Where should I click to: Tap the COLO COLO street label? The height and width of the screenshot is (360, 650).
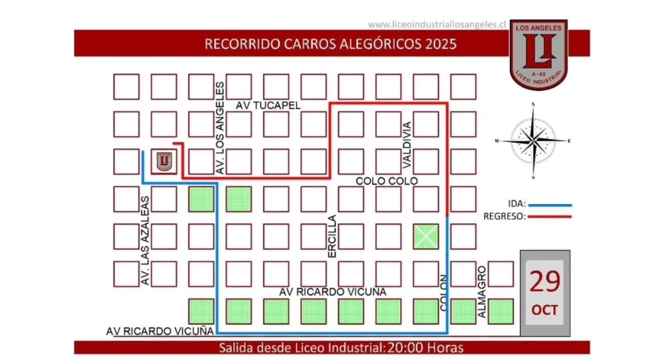[387, 181]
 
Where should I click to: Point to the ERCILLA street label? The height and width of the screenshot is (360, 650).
[332, 236]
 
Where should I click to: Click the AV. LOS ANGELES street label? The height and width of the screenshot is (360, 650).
[220, 128]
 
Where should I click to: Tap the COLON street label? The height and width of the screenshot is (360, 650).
[443, 292]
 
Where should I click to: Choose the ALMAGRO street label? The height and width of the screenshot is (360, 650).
[482, 291]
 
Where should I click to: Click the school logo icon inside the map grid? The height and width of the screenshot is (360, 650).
[164, 161]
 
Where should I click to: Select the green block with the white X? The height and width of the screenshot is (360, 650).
[426, 236]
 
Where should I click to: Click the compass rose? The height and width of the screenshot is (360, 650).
[533, 141]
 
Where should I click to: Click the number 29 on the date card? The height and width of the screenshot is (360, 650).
[544, 281]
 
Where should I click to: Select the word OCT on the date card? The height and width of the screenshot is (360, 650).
[544, 310]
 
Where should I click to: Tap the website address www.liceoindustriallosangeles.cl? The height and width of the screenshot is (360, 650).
[436, 24]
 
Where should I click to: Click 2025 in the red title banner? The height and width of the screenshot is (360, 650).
[441, 44]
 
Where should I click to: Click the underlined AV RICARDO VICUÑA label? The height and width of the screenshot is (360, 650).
[160, 331]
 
